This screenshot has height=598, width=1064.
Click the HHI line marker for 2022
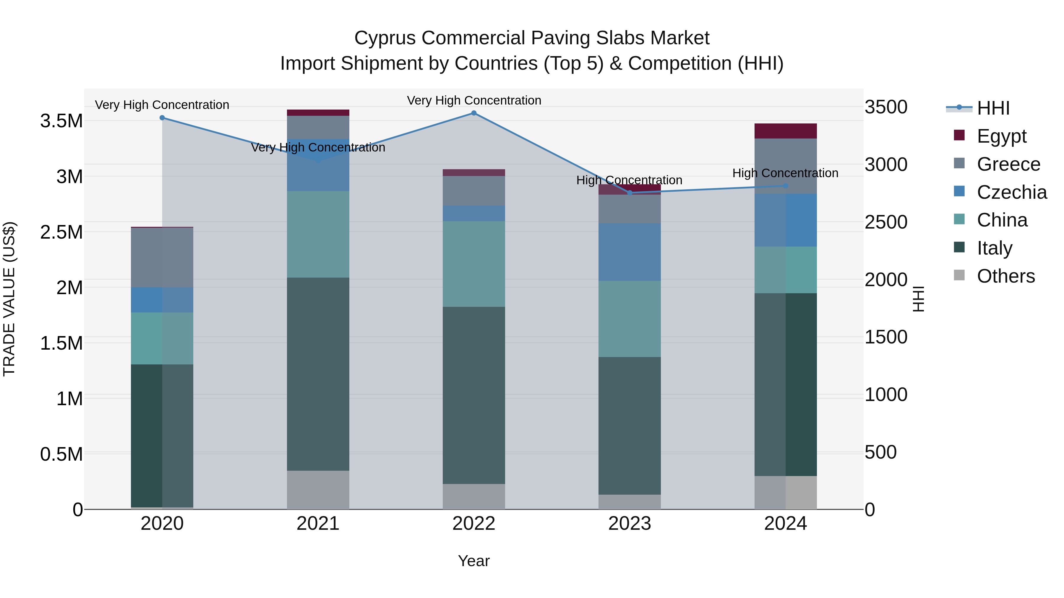coord(474,113)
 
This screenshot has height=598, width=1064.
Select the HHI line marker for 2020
coord(162,118)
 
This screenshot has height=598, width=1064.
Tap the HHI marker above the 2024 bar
coord(786,186)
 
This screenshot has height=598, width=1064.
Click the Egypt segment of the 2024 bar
coord(786,131)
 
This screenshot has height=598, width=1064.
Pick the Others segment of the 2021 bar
coord(318,490)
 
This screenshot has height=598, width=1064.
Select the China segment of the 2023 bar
coord(630,319)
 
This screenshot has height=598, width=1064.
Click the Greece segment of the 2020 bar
coord(162,258)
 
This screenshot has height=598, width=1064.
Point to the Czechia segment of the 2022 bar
coord(474,214)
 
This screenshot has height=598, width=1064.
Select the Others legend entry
coord(1005,276)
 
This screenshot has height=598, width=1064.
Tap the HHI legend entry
coord(993,108)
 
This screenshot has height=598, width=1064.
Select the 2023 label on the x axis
coord(630,524)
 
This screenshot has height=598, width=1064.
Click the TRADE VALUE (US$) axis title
coord(9,299)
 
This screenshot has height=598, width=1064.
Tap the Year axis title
coord(474,561)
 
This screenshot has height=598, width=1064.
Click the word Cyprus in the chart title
coord(385,38)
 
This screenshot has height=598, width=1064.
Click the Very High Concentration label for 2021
coord(318,147)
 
